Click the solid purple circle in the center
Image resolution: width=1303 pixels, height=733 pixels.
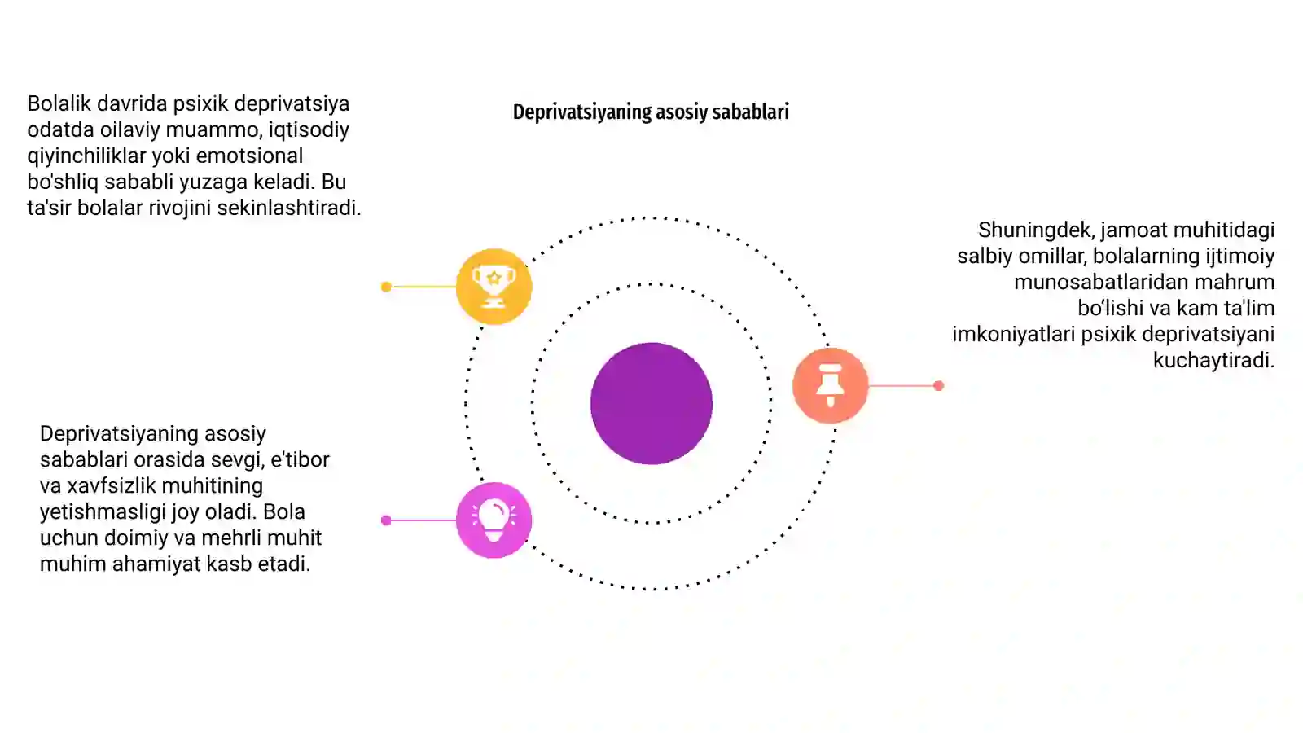pyautogui.click(x=651, y=403)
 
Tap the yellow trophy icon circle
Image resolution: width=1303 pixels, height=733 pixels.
pyautogui.click(x=494, y=286)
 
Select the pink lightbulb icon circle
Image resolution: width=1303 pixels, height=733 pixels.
pyautogui.click(x=494, y=520)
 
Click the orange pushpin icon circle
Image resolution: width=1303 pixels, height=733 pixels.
pyautogui.click(x=830, y=385)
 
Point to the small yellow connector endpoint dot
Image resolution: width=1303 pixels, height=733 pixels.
pyautogui.click(x=386, y=287)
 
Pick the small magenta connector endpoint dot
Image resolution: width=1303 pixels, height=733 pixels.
pyautogui.click(x=386, y=520)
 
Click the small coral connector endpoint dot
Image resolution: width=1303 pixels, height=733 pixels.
pyautogui.click(x=938, y=385)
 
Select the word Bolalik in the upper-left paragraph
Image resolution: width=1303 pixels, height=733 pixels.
pyautogui.click(x=59, y=103)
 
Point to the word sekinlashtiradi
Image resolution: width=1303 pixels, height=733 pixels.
pyautogui.click(x=289, y=208)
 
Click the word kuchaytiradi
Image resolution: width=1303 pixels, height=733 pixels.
pyautogui.click(x=1214, y=360)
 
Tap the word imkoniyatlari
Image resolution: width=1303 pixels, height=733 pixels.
pyautogui.click(x=1014, y=335)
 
